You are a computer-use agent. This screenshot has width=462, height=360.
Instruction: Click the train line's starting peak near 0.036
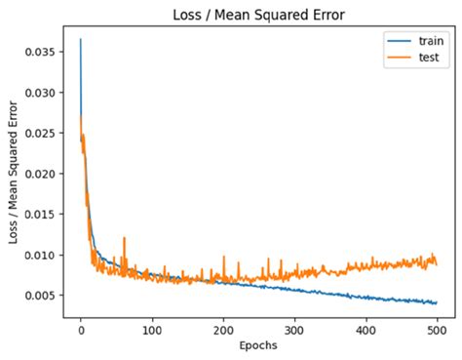pos(81,40)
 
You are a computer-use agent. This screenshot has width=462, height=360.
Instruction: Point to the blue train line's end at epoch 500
pos(436,302)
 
